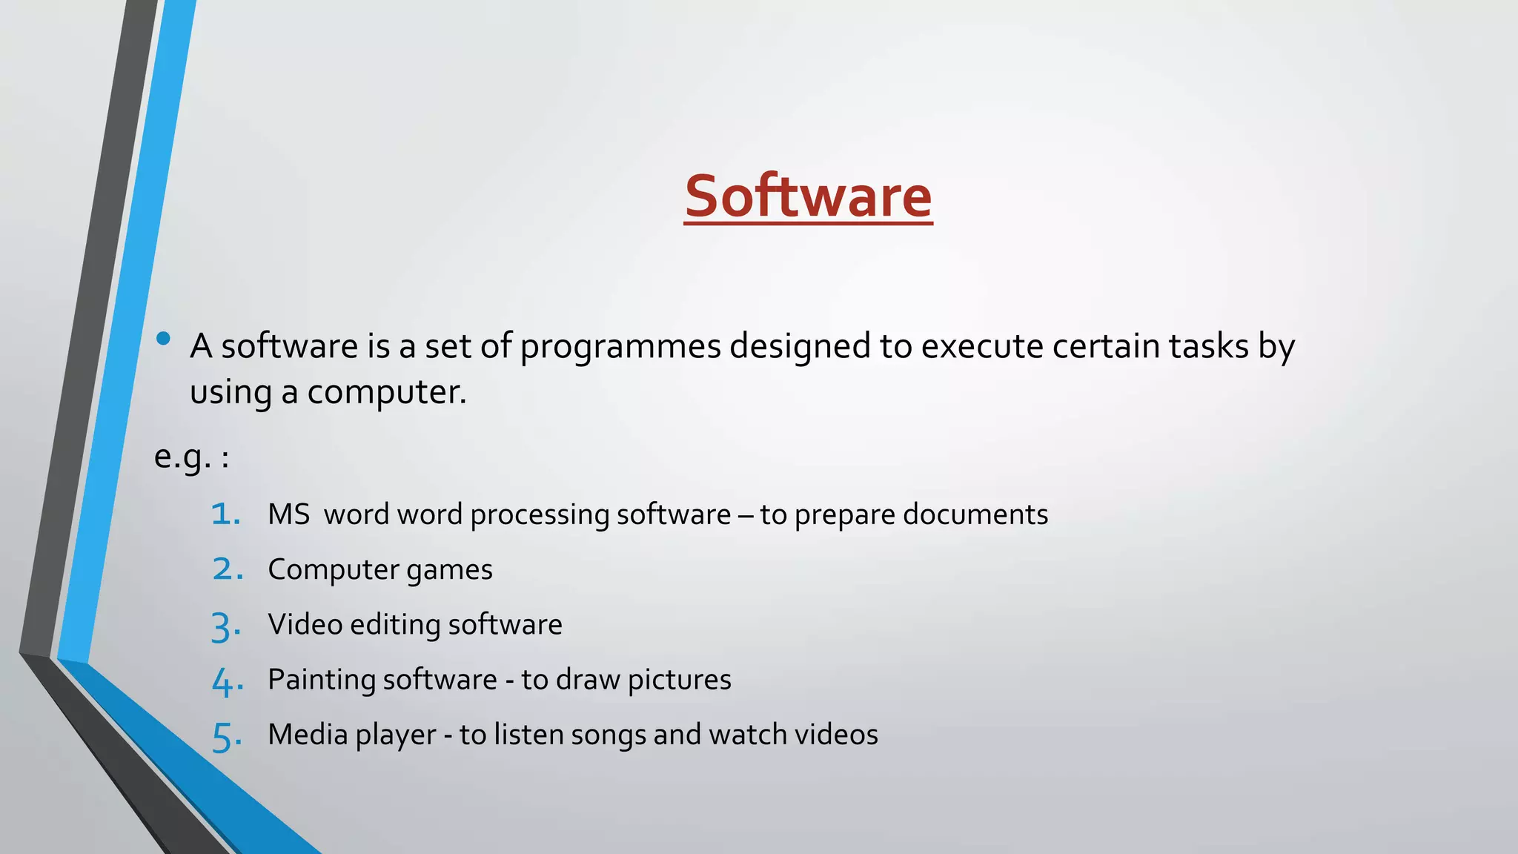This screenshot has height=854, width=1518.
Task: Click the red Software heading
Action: (808, 196)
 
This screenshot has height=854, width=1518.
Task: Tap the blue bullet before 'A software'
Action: (164, 340)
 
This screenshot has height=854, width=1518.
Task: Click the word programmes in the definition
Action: (620, 347)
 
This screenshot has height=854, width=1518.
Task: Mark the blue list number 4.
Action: (227, 682)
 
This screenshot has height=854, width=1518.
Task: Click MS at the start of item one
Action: (288, 514)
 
